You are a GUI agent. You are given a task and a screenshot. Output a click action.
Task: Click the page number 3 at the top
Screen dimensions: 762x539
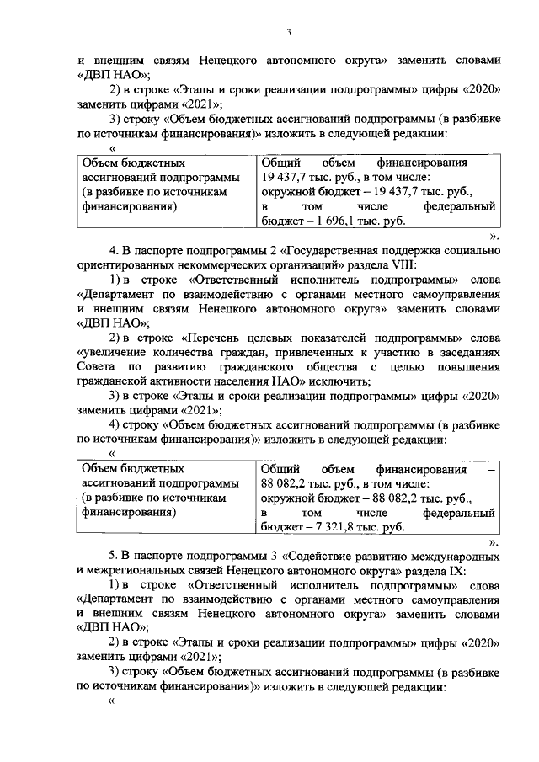288,32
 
